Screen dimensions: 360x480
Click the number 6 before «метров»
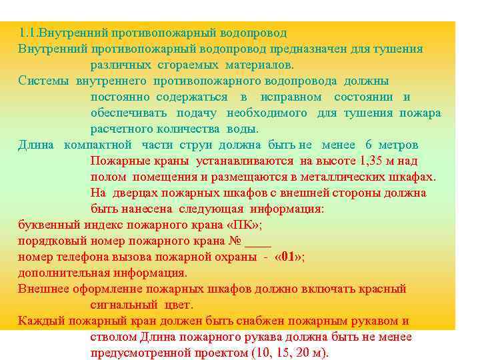(x=369, y=145)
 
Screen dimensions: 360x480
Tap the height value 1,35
(x=373, y=161)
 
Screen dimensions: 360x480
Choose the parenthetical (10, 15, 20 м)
(x=291, y=353)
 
